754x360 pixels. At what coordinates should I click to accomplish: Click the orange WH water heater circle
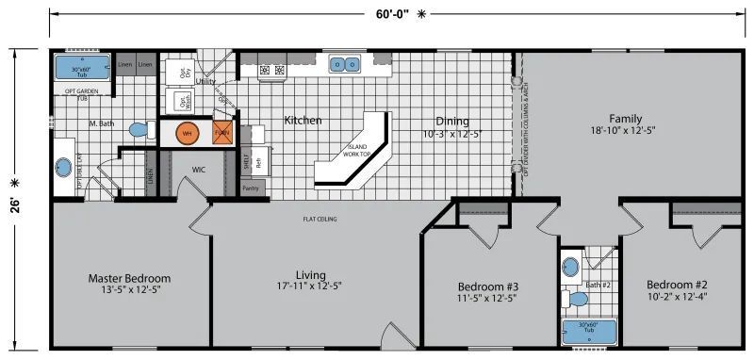(x=186, y=133)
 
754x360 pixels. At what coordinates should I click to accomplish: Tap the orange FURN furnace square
(x=222, y=133)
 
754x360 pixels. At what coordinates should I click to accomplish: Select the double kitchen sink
(x=344, y=65)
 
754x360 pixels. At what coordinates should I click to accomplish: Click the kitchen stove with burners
(x=272, y=69)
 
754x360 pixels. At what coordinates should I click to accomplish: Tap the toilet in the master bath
(x=139, y=129)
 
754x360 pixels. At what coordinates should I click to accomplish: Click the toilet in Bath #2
(x=577, y=299)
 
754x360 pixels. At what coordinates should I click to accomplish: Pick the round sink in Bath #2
(x=569, y=266)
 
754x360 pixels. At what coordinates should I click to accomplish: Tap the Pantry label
(x=250, y=188)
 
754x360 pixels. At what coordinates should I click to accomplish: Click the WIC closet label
(x=199, y=171)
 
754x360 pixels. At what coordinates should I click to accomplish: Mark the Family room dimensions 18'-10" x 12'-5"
(x=624, y=130)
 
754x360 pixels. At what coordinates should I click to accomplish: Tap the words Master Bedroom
(x=129, y=278)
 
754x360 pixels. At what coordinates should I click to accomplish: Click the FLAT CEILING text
(x=320, y=220)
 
